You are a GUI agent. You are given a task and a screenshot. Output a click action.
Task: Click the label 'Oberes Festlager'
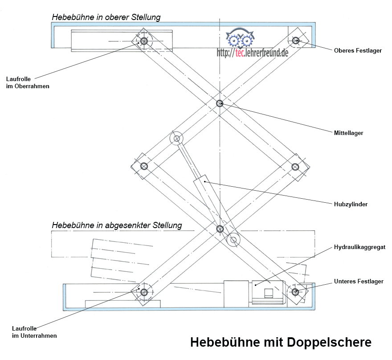(x=358, y=51)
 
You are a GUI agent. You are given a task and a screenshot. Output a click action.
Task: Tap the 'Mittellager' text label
(x=348, y=133)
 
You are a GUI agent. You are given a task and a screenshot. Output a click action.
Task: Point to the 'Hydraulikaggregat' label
(x=359, y=247)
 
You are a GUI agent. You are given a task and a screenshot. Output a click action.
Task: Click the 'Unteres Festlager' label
(x=359, y=282)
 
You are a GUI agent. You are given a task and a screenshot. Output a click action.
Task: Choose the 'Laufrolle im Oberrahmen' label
(x=28, y=83)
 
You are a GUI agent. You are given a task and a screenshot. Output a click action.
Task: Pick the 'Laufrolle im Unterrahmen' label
(x=35, y=332)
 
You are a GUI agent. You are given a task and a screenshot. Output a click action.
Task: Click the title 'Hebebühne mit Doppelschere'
(x=281, y=343)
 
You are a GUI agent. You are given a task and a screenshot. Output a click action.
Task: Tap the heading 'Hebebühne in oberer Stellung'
(x=106, y=17)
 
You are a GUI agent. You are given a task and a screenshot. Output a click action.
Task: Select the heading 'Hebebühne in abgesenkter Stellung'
(x=117, y=225)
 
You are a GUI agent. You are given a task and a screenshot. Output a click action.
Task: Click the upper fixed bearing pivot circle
(x=295, y=41)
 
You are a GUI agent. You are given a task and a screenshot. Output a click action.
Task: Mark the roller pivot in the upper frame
(x=143, y=41)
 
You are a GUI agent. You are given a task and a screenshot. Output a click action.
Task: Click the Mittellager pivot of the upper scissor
(x=220, y=103)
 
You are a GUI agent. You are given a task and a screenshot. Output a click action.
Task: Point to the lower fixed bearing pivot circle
(x=295, y=292)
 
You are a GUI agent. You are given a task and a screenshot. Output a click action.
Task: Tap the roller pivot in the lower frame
(x=143, y=292)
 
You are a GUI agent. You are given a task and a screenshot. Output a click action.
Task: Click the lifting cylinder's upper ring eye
(x=177, y=139)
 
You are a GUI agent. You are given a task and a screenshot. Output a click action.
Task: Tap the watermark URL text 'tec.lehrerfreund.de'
(x=252, y=53)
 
